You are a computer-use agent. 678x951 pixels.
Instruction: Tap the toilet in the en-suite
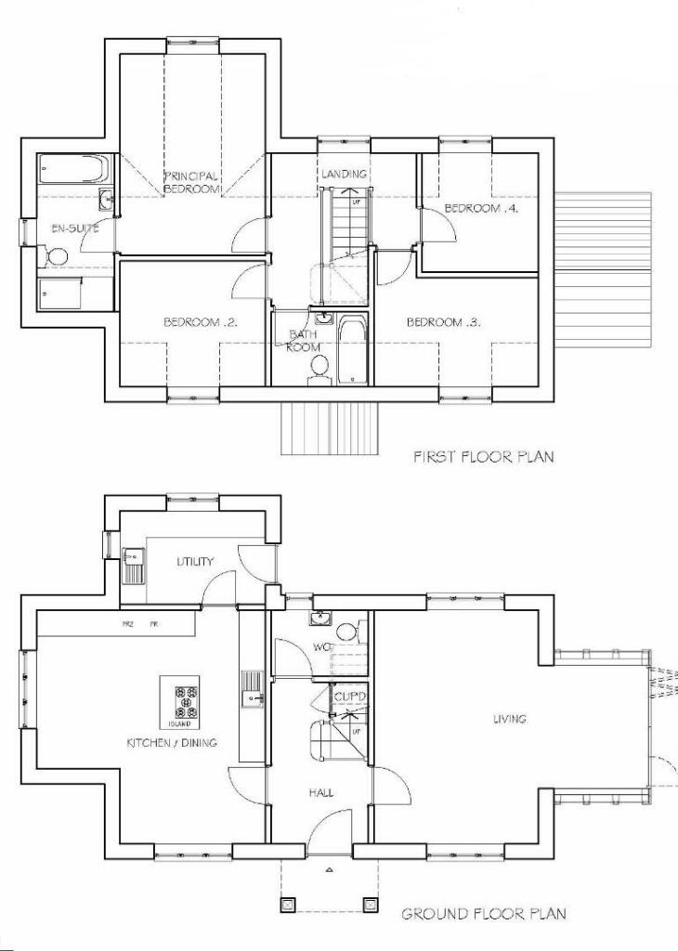[x=52, y=254]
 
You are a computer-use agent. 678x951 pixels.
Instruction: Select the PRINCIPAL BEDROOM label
[x=191, y=182]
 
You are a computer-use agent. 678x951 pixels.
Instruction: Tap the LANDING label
[x=344, y=174]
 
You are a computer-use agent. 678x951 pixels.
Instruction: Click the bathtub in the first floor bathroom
[x=353, y=350]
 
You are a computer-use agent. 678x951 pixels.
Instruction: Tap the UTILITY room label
[x=195, y=561]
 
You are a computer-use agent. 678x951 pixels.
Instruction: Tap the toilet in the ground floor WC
[x=345, y=632]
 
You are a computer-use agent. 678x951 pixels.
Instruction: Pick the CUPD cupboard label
[x=350, y=696]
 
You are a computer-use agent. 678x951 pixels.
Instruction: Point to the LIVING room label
[x=510, y=718]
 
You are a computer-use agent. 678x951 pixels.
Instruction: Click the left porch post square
[x=287, y=903]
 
